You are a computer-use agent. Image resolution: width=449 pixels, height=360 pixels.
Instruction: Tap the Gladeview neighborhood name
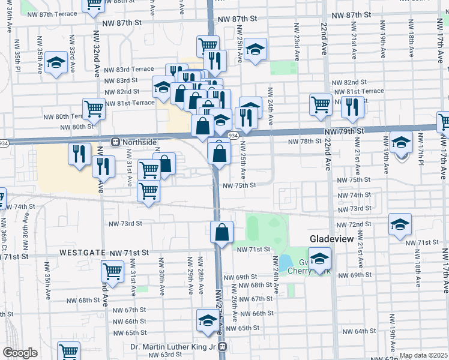334,239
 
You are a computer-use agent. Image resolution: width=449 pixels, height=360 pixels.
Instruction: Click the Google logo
20,353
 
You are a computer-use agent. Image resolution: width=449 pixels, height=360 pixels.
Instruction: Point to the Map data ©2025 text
423,355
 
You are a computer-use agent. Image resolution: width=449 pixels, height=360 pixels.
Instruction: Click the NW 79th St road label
342,131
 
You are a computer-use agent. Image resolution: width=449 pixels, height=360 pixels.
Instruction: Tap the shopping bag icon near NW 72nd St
221,232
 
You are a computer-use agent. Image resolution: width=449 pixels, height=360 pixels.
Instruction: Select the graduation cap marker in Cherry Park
321,259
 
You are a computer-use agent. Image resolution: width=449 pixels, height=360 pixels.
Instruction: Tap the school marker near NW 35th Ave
56,62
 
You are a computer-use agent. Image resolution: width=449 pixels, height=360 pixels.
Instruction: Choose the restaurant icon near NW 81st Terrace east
352,106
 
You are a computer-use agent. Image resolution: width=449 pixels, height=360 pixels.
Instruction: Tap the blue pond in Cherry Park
285,263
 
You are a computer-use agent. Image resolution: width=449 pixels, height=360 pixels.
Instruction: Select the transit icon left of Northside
114,142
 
